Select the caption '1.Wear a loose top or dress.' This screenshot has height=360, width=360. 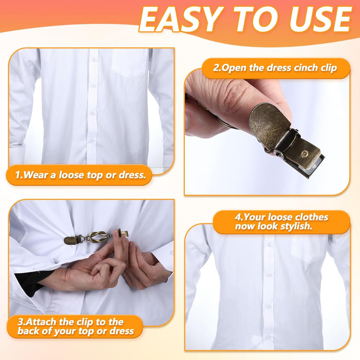click(81, 175)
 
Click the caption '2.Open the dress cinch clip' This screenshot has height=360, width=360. click(275, 68)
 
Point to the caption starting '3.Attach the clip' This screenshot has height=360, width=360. click(76, 326)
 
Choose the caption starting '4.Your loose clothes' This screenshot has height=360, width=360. click(281, 222)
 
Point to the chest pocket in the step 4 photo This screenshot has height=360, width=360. click(309, 249)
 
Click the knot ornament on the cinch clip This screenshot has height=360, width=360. click(97, 237)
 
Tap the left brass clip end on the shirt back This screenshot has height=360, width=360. click(71, 240)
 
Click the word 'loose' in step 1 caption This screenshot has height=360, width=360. click(71, 175)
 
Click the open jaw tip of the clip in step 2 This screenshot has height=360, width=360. click(316, 168)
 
